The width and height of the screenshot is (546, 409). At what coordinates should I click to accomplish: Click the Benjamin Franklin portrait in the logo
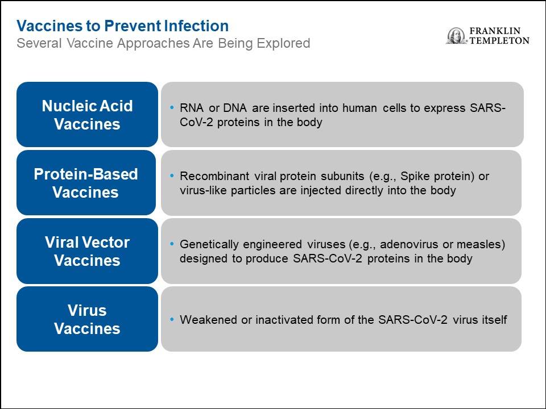coord(456,36)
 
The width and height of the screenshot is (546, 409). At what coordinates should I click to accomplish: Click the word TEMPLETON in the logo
coord(499,41)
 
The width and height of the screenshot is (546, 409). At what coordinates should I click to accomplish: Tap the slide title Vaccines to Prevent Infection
coord(123,26)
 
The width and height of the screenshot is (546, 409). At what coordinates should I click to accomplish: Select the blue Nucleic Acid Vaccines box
coord(87,114)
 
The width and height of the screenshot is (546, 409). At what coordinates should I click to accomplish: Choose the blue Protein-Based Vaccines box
coord(86,182)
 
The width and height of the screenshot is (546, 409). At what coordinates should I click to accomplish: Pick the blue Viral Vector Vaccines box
coord(87,251)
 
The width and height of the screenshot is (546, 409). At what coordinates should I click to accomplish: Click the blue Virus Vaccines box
coord(87,319)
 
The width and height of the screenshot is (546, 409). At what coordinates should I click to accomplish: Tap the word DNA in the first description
coord(235,108)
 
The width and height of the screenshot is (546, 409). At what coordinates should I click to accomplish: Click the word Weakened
coord(208,320)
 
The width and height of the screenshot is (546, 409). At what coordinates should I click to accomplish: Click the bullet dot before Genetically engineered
coord(172,244)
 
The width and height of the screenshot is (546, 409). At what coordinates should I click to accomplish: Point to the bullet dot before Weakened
coord(172,319)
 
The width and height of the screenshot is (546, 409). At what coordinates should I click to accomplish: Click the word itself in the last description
coord(494,320)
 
